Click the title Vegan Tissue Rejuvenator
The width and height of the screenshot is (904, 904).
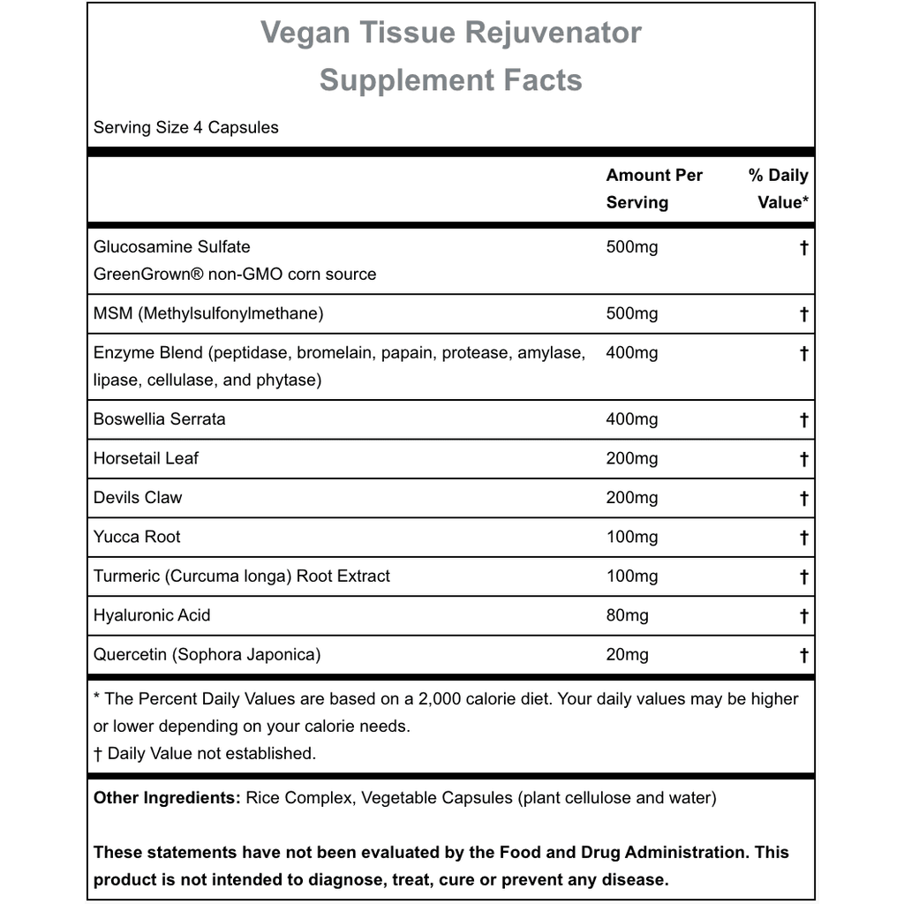451,34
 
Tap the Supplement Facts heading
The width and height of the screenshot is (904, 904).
451,80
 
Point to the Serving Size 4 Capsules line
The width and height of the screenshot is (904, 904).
185,127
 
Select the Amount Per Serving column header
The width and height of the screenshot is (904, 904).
654,188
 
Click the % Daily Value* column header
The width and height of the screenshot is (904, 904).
778,188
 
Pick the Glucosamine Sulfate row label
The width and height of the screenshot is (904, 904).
171,247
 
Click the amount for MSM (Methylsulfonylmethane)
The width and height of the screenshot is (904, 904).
632,313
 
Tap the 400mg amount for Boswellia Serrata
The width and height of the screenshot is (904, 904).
632,419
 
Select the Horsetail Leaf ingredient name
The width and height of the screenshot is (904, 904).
147,458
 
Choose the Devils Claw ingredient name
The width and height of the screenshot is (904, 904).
138,497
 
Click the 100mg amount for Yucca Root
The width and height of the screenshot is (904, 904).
632,537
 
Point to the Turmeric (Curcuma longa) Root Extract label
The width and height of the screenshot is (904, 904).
242,576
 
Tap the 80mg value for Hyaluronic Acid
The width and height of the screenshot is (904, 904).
627,615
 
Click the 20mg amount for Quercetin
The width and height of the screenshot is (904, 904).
627,654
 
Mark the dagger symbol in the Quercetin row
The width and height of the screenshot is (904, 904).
803,655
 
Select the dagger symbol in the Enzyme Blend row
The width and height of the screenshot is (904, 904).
803,353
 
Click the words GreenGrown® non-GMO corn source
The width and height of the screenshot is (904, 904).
235,274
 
